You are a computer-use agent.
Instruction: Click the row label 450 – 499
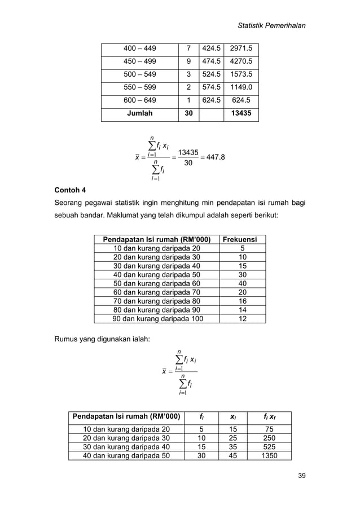tap(140, 62)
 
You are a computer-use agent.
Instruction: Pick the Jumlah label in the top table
tap(140, 113)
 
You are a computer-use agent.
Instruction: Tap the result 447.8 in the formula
tap(214, 157)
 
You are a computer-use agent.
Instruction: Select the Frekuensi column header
tap(243, 240)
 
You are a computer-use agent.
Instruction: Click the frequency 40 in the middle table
tap(243, 283)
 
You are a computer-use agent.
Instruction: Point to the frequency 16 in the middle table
tap(243, 301)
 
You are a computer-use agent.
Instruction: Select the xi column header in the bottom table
tap(232, 418)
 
